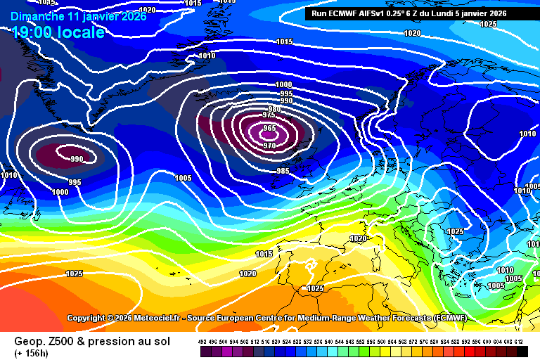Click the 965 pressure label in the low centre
pyautogui.click(x=269, y=128)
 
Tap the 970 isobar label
pyautogui.click(x=269, y=146)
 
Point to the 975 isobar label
pyautogui.click(x=269, y=115)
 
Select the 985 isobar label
pyautogui.click(x=283, y=171)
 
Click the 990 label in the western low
pyautogui.click(x=77, y=159)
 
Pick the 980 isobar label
pyautogui.click(x=275, y=108)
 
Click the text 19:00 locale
pyautogui.click(x=58, y=32)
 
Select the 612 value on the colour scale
pyautogui.click(x=519, y=341)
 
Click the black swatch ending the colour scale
pyautogui.click(x=520, y=351)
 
